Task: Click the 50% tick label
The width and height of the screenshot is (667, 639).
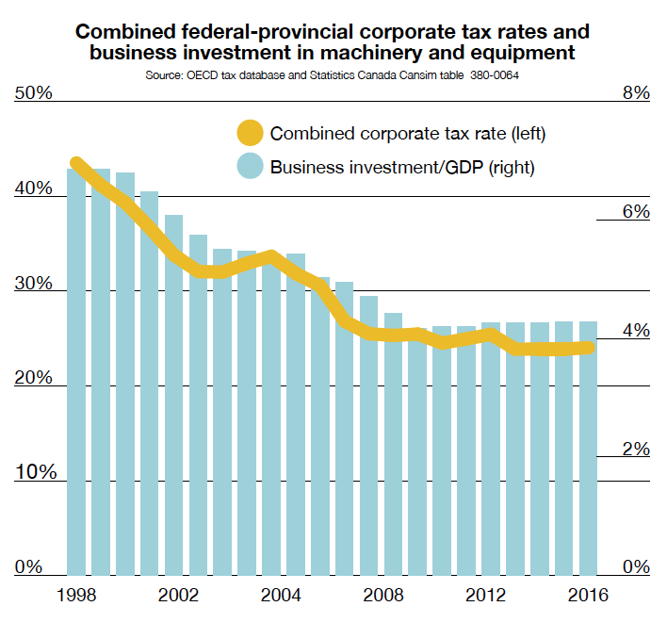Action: point(34,93)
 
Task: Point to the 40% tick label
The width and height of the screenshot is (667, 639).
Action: point(34,188)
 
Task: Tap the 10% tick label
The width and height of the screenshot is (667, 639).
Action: point(34,472)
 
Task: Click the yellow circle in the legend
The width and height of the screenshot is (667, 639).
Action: point(251,133)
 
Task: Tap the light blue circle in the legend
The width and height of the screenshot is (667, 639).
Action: point(251,168)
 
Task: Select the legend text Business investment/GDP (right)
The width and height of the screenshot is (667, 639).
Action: point(402,169)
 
